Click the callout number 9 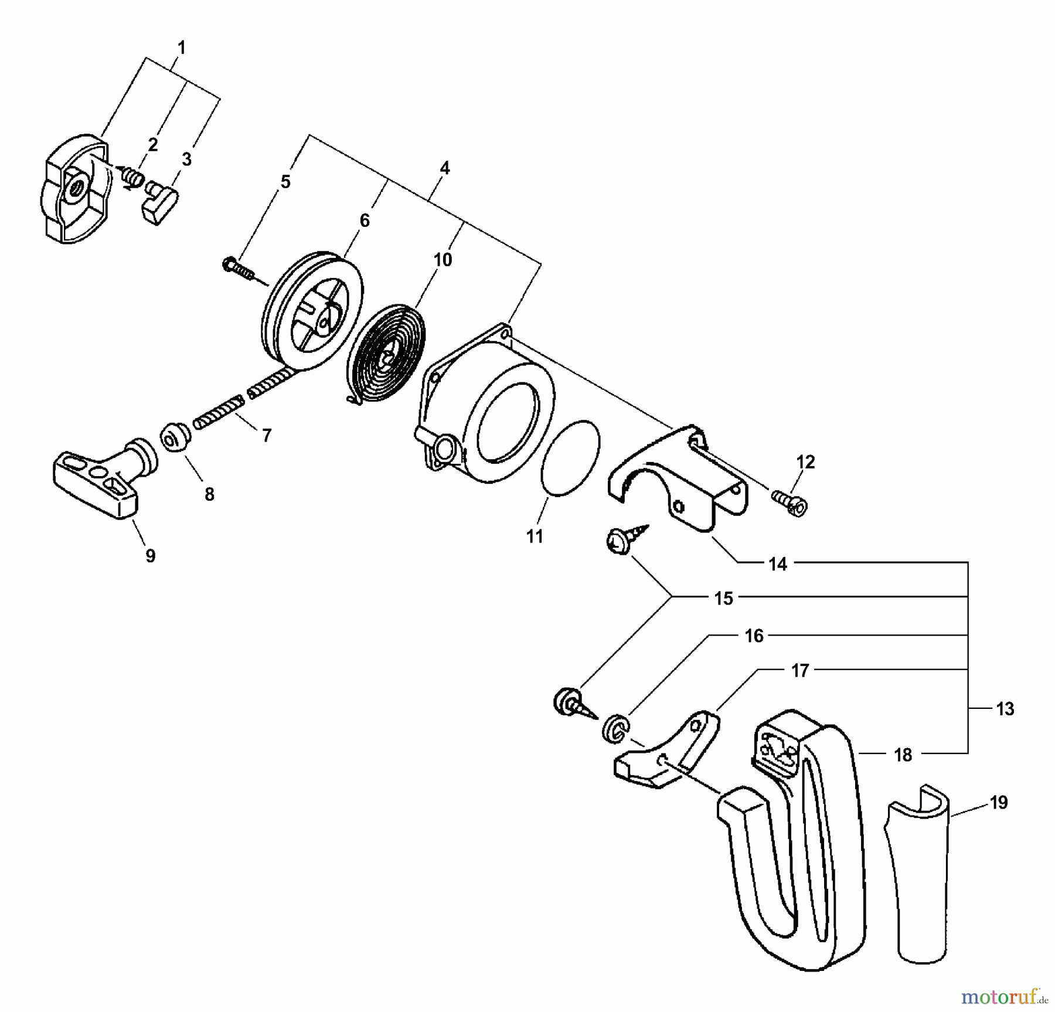(x=151, y=555)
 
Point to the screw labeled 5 (x=237, y=268)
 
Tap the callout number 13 (x=1005, y=709)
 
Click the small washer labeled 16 (x=615, y=729)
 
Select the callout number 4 (x=445, y=168)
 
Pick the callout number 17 (x=800, y=670)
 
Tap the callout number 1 (x=182, y=47)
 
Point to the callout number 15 (x=723, y=599)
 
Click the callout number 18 (x=903, y=755)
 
